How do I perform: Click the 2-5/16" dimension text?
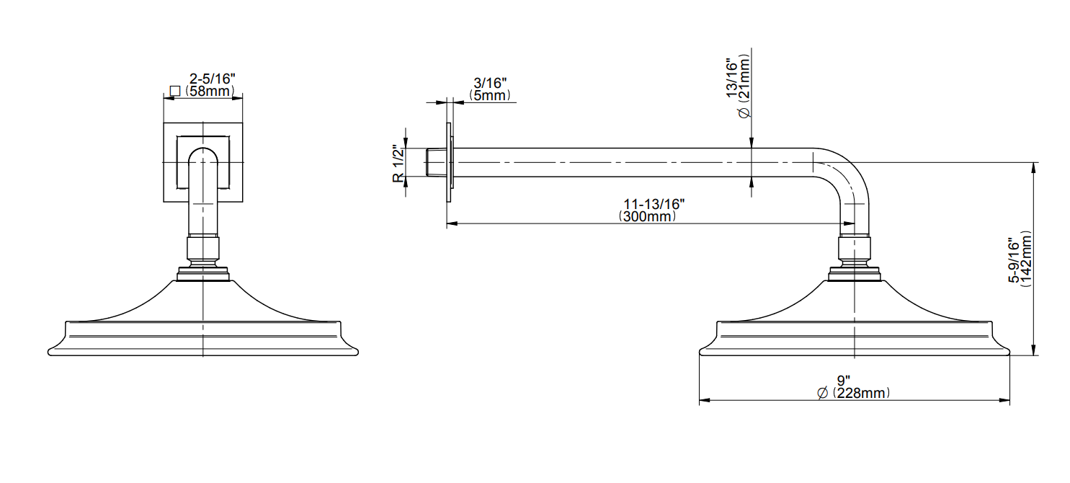(212, 79)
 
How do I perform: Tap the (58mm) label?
(210, 91)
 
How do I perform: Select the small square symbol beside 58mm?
(175, 91)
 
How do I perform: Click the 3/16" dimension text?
(490, 83)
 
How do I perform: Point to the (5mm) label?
(490, 96)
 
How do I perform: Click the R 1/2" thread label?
(398, 164)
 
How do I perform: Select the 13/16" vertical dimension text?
(732, 79)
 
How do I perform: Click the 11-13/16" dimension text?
(654, 204)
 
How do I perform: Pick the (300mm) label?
(648, 216)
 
